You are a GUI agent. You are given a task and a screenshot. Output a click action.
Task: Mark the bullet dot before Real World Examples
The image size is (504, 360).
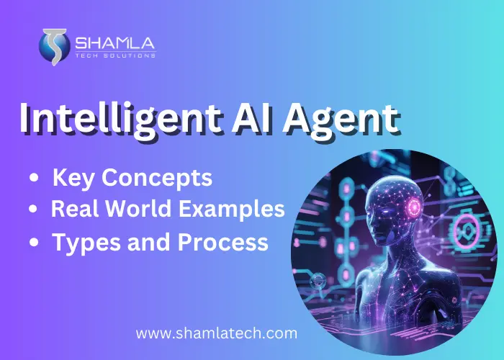(x=32, y=210)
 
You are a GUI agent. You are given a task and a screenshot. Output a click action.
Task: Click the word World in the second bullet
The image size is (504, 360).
(x=145, y=210)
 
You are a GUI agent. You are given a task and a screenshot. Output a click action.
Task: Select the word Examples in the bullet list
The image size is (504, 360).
(x=237, y=210)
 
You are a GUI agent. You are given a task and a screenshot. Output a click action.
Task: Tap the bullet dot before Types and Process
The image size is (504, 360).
(x=32, y=243)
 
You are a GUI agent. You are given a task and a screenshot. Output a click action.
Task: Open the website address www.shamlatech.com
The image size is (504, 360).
(x=217, y=333)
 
